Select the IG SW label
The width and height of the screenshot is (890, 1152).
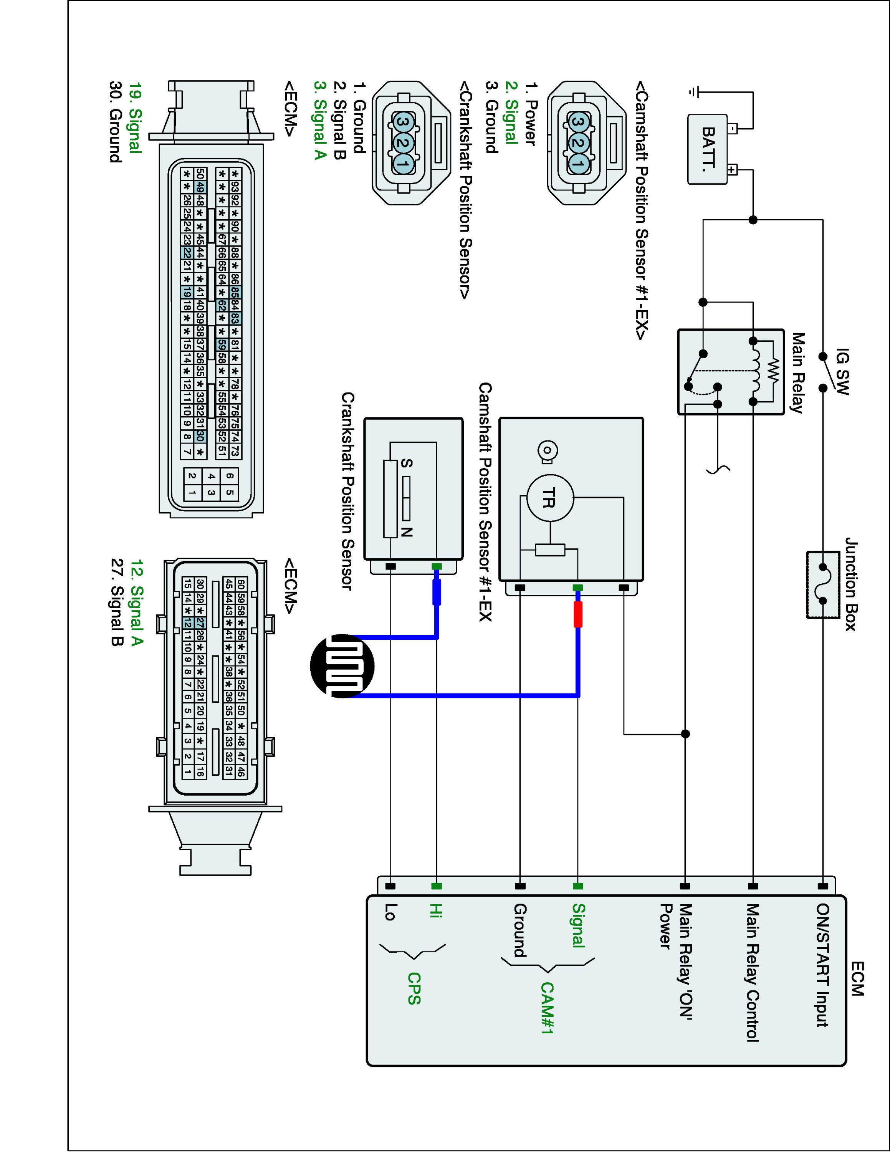(x=842, y=371)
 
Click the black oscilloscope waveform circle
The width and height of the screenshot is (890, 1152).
(x=342, y=666)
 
